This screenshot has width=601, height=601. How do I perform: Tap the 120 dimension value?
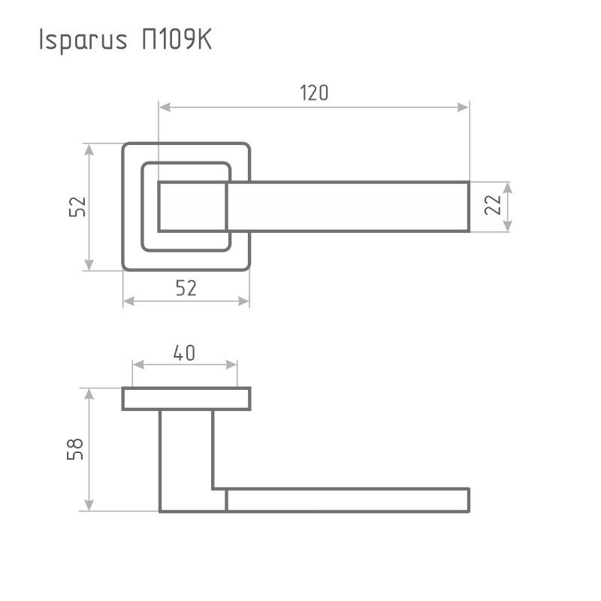[x=315, y=93]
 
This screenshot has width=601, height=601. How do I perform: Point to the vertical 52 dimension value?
[x=77, y=207]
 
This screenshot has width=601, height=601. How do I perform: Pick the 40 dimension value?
[x=184, y=352]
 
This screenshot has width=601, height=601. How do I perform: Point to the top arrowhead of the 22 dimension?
[x=509, y=187]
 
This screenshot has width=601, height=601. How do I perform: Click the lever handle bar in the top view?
[x=346, y=207]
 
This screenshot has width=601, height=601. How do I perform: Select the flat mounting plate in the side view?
[x=186, y=399]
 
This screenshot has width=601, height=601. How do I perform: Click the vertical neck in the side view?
[x=186, y=451]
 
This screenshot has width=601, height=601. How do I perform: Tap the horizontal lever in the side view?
[x=346, y=500]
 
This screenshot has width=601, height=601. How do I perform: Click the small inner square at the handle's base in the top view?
[x=192, y=207]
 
